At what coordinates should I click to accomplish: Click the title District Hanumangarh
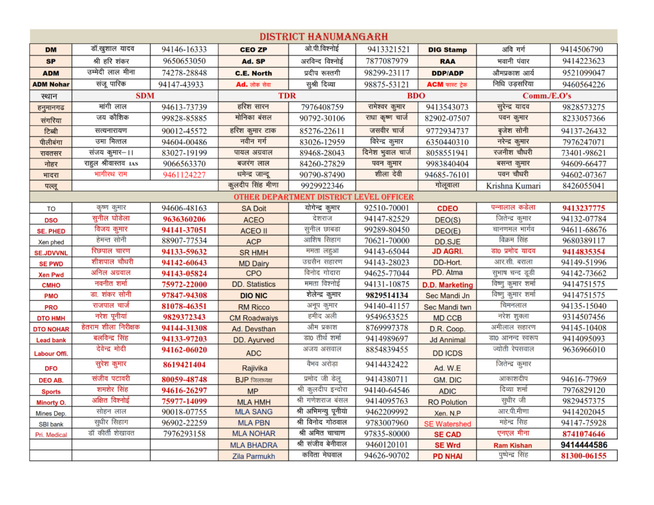click(323, 36)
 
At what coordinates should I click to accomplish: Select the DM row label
click(50, 50)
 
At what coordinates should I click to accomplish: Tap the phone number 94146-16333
click(184, 49)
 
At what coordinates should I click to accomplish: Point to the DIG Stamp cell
click(447, 50)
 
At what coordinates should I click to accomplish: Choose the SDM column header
click(145, 96)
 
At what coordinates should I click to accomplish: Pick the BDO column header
click(416, 96)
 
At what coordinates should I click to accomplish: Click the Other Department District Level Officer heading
click(323, 197)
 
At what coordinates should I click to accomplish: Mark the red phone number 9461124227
click(184, 174)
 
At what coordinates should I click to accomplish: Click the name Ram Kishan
click(512, 445)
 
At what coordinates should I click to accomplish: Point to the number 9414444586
click(584, 444)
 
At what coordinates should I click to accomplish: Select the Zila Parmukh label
click(254, 456)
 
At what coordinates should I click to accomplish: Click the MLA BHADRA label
click(254, 444)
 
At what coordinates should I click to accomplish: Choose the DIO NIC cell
click(254, 296)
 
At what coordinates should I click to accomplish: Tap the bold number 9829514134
click(386, 296)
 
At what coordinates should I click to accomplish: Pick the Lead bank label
click(51, 340)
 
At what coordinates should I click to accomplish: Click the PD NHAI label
click(447, 456)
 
